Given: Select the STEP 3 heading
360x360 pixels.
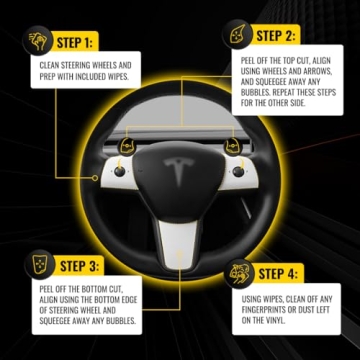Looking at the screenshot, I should click(79, 268).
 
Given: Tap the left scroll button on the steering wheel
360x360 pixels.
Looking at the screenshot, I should click(120, 170).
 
